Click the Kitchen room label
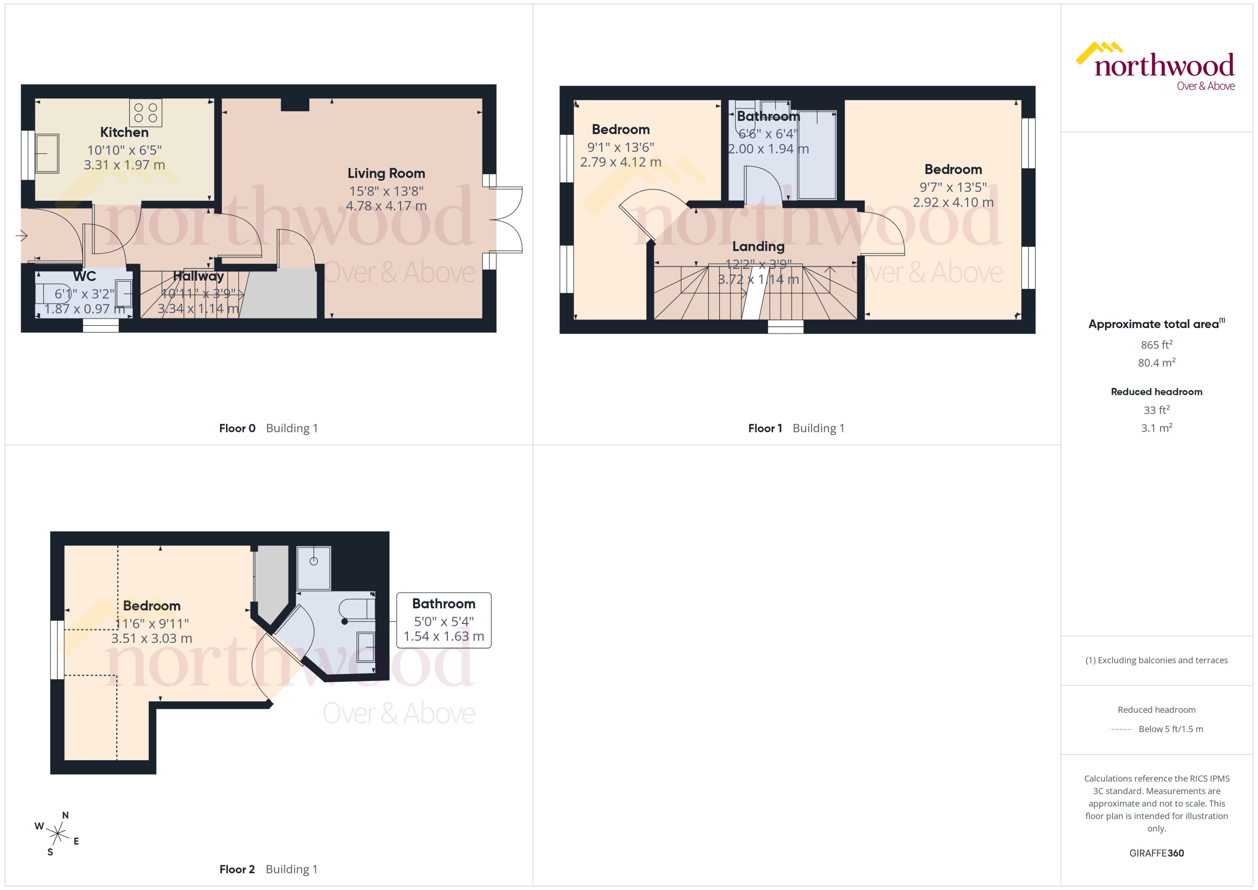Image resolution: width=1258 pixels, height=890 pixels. pos(124,132)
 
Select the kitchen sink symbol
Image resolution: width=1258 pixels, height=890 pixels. pos(47,153)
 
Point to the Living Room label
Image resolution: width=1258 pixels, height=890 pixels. pos(386,173)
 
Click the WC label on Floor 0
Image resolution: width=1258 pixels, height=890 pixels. pos(84,276)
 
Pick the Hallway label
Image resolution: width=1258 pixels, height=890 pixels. pos(198,276)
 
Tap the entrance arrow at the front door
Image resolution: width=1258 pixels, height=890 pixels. pos(22,236)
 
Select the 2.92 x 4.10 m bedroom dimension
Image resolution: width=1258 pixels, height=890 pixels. pos(953,202)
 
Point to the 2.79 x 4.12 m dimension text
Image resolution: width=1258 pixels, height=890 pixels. pos(620,162)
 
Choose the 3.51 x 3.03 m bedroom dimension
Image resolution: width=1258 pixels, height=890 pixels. pos(151,638)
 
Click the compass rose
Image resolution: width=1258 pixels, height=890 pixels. pos(57,834)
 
